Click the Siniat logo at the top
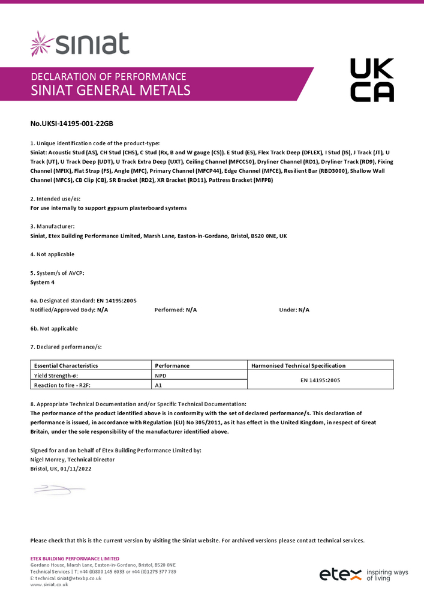(x=80, y=44)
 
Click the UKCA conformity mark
(x=372, y=80)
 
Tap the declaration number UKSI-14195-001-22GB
(x=71, y=124)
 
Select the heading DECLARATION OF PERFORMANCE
(x=108, y=76)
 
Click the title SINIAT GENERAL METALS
(x=110, y=91)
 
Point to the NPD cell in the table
(x=160, y=375)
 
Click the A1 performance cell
(x=159, y=385)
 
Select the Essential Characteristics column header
(x=66, y=365)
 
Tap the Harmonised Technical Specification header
(x=298, y=365)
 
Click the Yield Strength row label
(x=56, y=375)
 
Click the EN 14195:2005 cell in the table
(x=320, y=380)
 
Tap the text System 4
(x=43, y=282)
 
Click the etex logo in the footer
(x=340, y=574)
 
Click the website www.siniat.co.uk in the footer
(x=49, y=584)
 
